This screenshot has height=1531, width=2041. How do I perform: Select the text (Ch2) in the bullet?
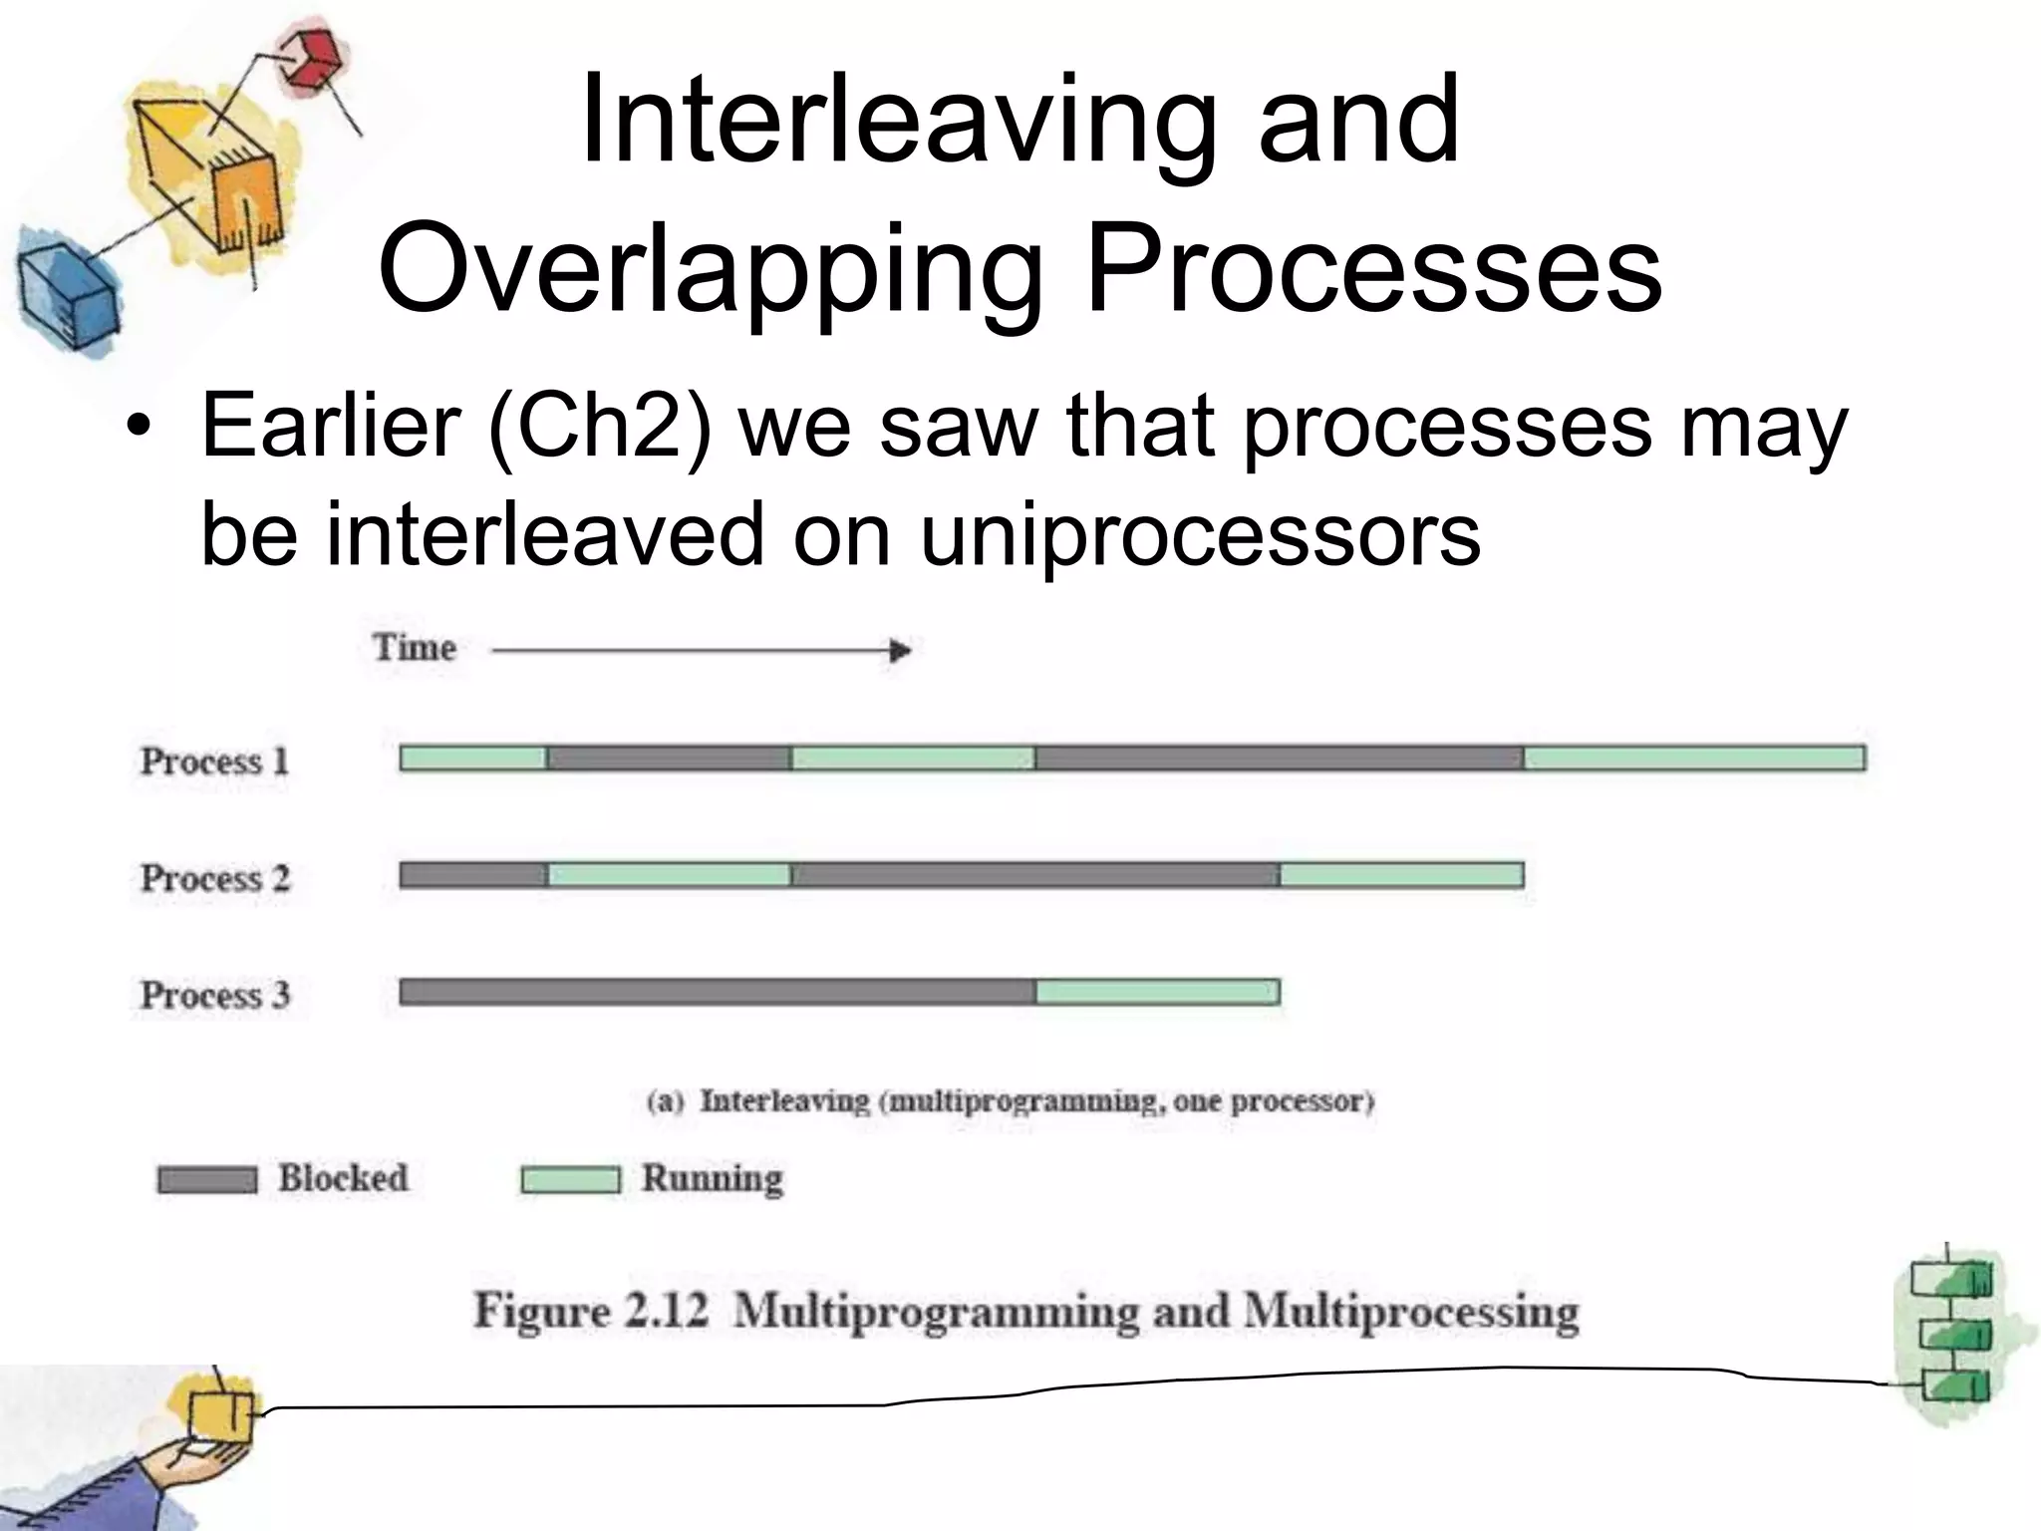click(600, 427)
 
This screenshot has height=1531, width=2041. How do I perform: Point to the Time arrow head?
click(900, 651)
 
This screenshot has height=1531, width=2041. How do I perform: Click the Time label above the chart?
click(415, 648)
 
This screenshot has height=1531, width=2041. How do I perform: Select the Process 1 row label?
click(214, 762)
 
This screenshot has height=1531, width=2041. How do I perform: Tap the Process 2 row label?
click(214, 878)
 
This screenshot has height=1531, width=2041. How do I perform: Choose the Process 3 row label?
click(214, 995)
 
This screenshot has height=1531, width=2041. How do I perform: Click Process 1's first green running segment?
click(473, 759)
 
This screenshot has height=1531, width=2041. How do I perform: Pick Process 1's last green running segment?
click(1694, 759)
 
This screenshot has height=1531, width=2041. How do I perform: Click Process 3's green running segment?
click(1157, 992)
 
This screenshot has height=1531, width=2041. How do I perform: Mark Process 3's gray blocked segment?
click(718, 992)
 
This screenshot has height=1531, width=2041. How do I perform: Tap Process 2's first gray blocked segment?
click(473, 875)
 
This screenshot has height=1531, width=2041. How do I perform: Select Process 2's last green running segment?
click(1401, 875)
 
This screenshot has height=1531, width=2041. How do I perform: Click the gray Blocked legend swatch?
click(207, 1180)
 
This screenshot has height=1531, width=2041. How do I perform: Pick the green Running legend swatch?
click(570, 1180)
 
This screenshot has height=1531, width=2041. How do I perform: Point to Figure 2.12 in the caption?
click(590, 1311)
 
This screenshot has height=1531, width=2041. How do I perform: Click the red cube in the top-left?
click(309, 60)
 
